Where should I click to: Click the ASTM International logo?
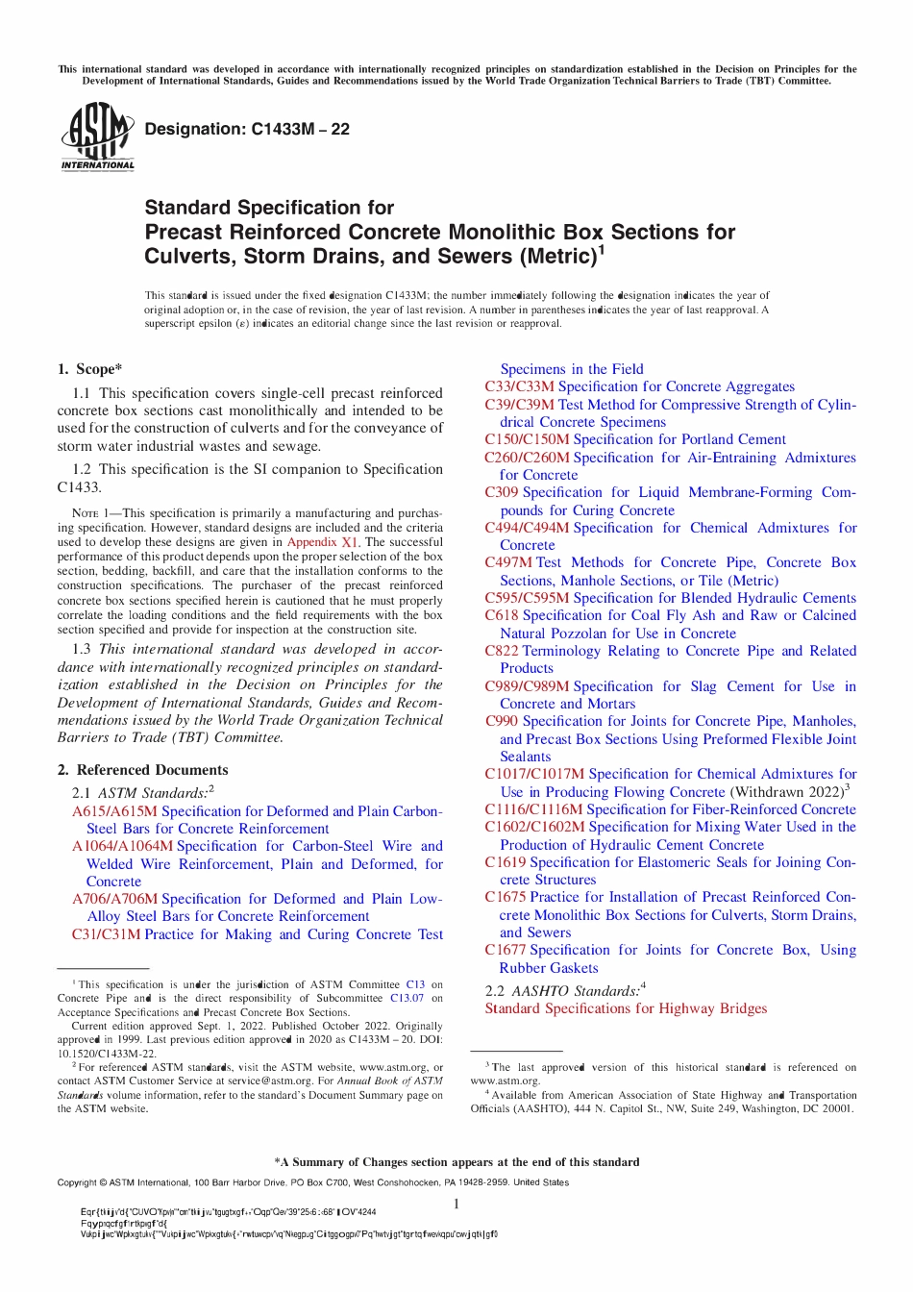pos(97,137)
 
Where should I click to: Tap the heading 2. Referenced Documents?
pos(142,770)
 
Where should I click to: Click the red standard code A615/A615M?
pos(114,811)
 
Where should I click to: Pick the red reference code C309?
pos(502,492)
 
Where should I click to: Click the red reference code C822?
pos(502,651)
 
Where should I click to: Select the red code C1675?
pos(506,897)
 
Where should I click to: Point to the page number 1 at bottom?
pos(456,1204)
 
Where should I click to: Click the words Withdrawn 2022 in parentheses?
pos(785,792)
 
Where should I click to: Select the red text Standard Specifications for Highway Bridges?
pos(626,1008)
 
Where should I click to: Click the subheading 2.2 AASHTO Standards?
pos(564,990)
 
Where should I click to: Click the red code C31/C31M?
pos(106,934)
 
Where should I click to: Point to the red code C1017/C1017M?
pos(534,774)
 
